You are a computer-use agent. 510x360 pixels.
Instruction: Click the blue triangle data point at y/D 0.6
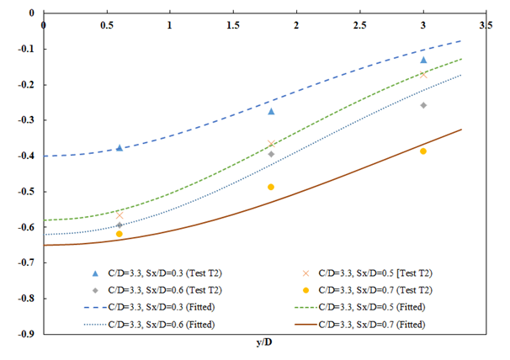tap(120, 147)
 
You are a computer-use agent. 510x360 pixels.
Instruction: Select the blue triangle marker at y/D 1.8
tap(271, 111)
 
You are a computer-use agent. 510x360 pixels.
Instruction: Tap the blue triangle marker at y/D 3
tap(423, 60)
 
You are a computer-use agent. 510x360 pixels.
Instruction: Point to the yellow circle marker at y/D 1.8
tap(271, 187)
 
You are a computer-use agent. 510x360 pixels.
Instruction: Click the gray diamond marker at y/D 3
tap(423, 105)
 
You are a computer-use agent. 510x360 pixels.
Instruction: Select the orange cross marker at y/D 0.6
tap(120, 215)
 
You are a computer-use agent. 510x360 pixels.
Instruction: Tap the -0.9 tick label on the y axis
tap(25, 334)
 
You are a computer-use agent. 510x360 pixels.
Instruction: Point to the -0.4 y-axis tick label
tap(25, 156)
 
